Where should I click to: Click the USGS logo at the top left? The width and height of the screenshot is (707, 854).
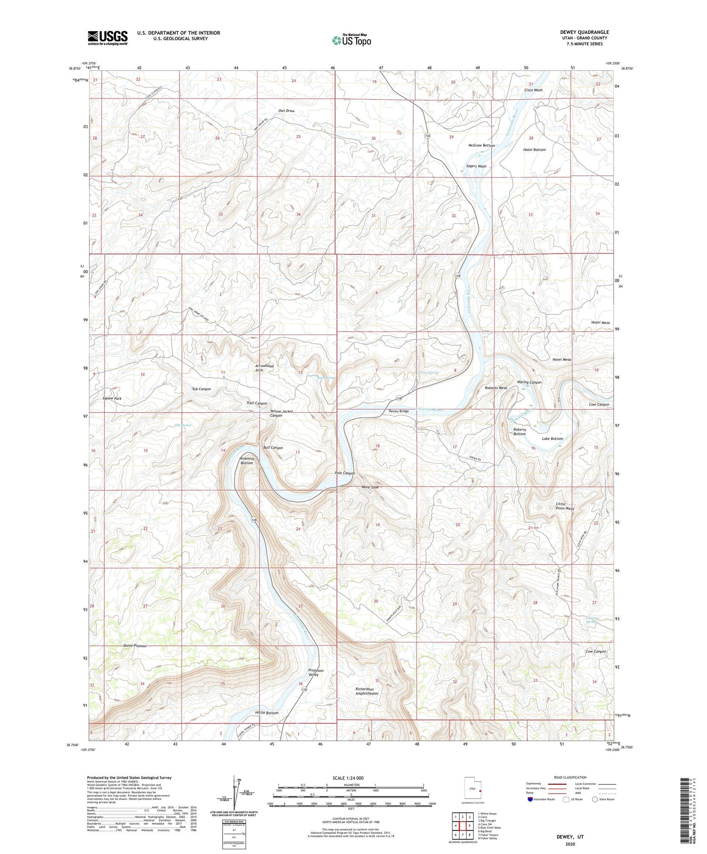(107, 38)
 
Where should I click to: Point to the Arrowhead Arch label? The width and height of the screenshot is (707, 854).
(264, 368)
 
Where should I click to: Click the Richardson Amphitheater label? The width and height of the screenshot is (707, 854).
(367, 691)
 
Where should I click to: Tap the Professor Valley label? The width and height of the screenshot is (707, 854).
(316, 672)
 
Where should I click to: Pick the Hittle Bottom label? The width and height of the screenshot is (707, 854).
(266, 713)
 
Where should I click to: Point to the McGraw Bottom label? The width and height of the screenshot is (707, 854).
(481, 146)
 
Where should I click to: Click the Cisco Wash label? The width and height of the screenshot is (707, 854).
(533, 90)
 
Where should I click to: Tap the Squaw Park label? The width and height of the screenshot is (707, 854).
(112, 399)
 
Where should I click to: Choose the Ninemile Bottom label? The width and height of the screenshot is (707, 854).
(247, 461)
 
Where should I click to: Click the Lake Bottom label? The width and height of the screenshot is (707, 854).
(552, 439)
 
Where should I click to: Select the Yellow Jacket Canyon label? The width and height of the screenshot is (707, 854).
(281, 413)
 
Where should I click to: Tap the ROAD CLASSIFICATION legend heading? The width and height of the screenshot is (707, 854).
(570, 777)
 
